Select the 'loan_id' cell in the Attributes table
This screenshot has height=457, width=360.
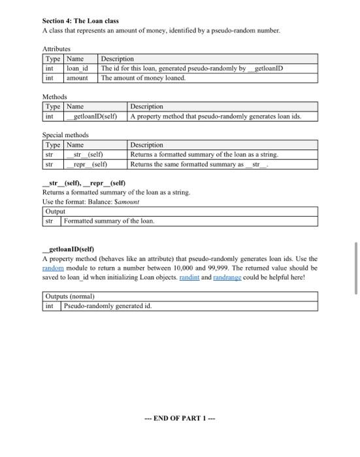pyautogui.click(x=77, y=69)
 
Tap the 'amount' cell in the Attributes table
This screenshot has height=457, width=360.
pyautogui.click(x=78, y=78)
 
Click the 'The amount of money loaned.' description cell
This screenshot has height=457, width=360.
pyautogui.click(x=143, y=78)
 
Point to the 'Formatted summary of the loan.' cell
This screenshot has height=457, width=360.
pyautogui.click(x=108, y=221)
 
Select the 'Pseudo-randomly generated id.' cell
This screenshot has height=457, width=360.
pyautogui.click(x=106, y=306)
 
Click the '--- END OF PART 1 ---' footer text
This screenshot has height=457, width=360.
pyautogui.click(x=180, y=418)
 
